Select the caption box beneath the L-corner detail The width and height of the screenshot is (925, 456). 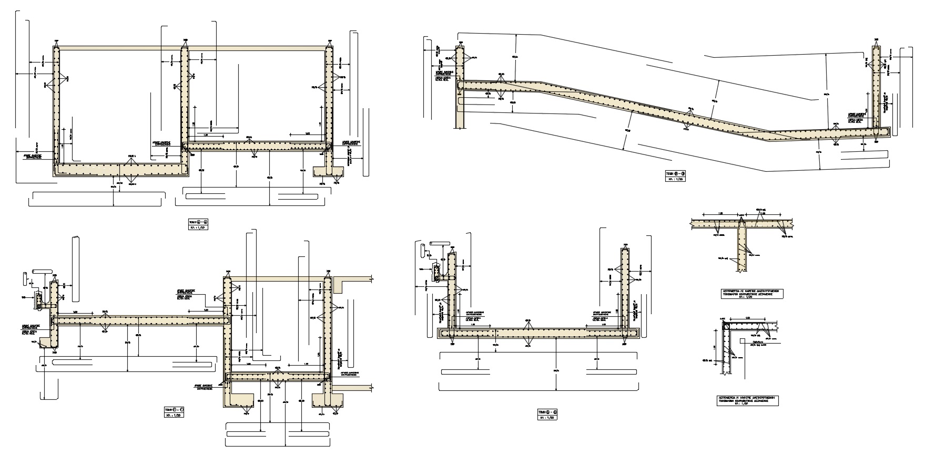pyautogui.click(x=747, y=401)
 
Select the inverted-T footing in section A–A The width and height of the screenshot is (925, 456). pyautogui.click(x=328, y=171)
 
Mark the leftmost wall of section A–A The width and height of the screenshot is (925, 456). pyautogui.click(x=56, y=105)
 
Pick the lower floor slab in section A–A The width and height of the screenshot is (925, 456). pyautogui.click(x=121, y=169)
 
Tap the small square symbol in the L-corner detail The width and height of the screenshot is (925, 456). pyautogui.click(x=743, y=341)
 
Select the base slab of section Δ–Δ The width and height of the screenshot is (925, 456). pyautogui.click(x=536, y=333)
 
